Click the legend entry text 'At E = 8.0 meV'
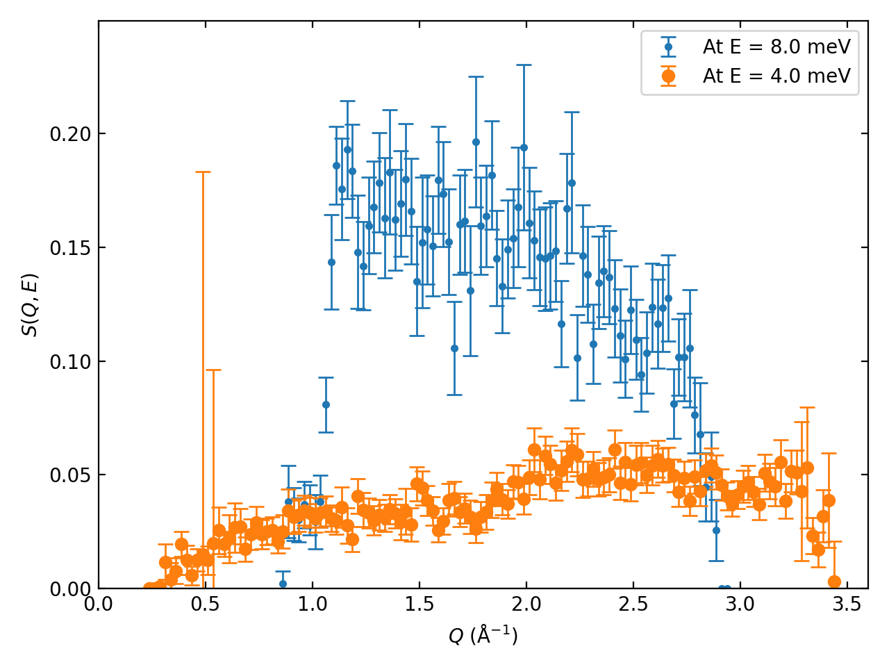776,47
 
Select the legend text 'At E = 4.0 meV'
776,76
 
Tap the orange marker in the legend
668,76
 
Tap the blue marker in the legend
668,47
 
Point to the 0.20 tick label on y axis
70,134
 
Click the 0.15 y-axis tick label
70,248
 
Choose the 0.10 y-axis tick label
70,361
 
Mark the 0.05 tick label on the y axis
70,475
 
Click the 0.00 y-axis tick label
70,589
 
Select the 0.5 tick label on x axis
206,604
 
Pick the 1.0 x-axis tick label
313,604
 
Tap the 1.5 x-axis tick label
419,604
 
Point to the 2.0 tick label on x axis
526,604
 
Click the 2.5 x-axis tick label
633,604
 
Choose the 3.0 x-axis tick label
740,604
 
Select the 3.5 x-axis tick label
847,604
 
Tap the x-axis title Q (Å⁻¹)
483,635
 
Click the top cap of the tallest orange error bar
203,172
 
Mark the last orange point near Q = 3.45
834,582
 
